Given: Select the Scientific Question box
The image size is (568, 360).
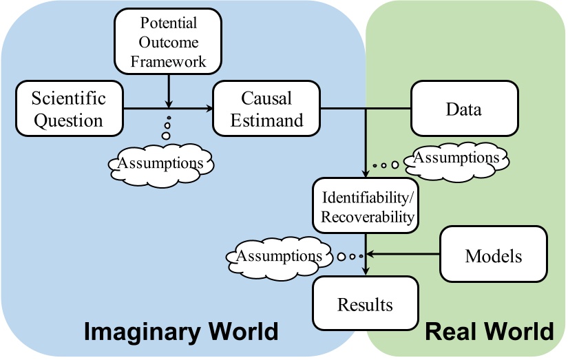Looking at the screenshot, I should click(x=68, y=109).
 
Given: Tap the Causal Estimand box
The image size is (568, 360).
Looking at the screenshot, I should click(x=266, y=109).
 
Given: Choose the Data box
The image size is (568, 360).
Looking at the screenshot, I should click(x=463, y=109).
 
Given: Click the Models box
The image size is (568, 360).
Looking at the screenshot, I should click(x=494, y=256).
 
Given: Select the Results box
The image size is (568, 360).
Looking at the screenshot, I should click(x=365, y=304).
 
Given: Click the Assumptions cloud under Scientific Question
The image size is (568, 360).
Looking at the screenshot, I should click(x=161, y=163).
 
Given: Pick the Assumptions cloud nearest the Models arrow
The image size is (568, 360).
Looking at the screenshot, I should click(x=279, y=255).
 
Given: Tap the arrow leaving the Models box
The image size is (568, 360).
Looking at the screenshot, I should click(x=406, y=256).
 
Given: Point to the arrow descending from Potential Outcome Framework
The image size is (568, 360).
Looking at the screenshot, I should click(x=168, y=89).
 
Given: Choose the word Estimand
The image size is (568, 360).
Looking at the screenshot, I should click(x=266, y=120).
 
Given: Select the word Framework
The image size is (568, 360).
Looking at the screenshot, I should click(x=168, y=61).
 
